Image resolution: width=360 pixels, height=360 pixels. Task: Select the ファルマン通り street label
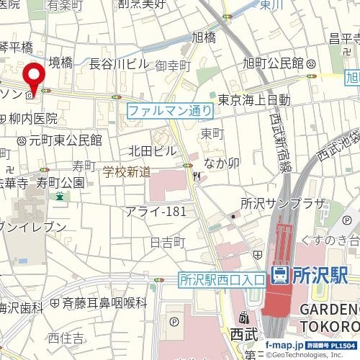click(170, 111)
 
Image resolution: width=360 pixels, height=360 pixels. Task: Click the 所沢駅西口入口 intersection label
click(221, 278)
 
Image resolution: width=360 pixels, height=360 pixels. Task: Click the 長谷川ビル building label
click(119, 64)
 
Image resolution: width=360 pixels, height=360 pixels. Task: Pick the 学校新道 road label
click(127, 172)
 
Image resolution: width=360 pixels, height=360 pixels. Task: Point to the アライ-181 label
click(156, 211)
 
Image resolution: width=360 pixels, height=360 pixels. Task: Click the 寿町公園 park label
click(60, 181)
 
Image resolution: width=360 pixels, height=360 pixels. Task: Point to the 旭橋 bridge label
click(204, 37)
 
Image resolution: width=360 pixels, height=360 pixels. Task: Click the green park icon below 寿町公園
click(60, 196)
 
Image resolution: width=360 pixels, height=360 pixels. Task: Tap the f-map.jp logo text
click(285, 346)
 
